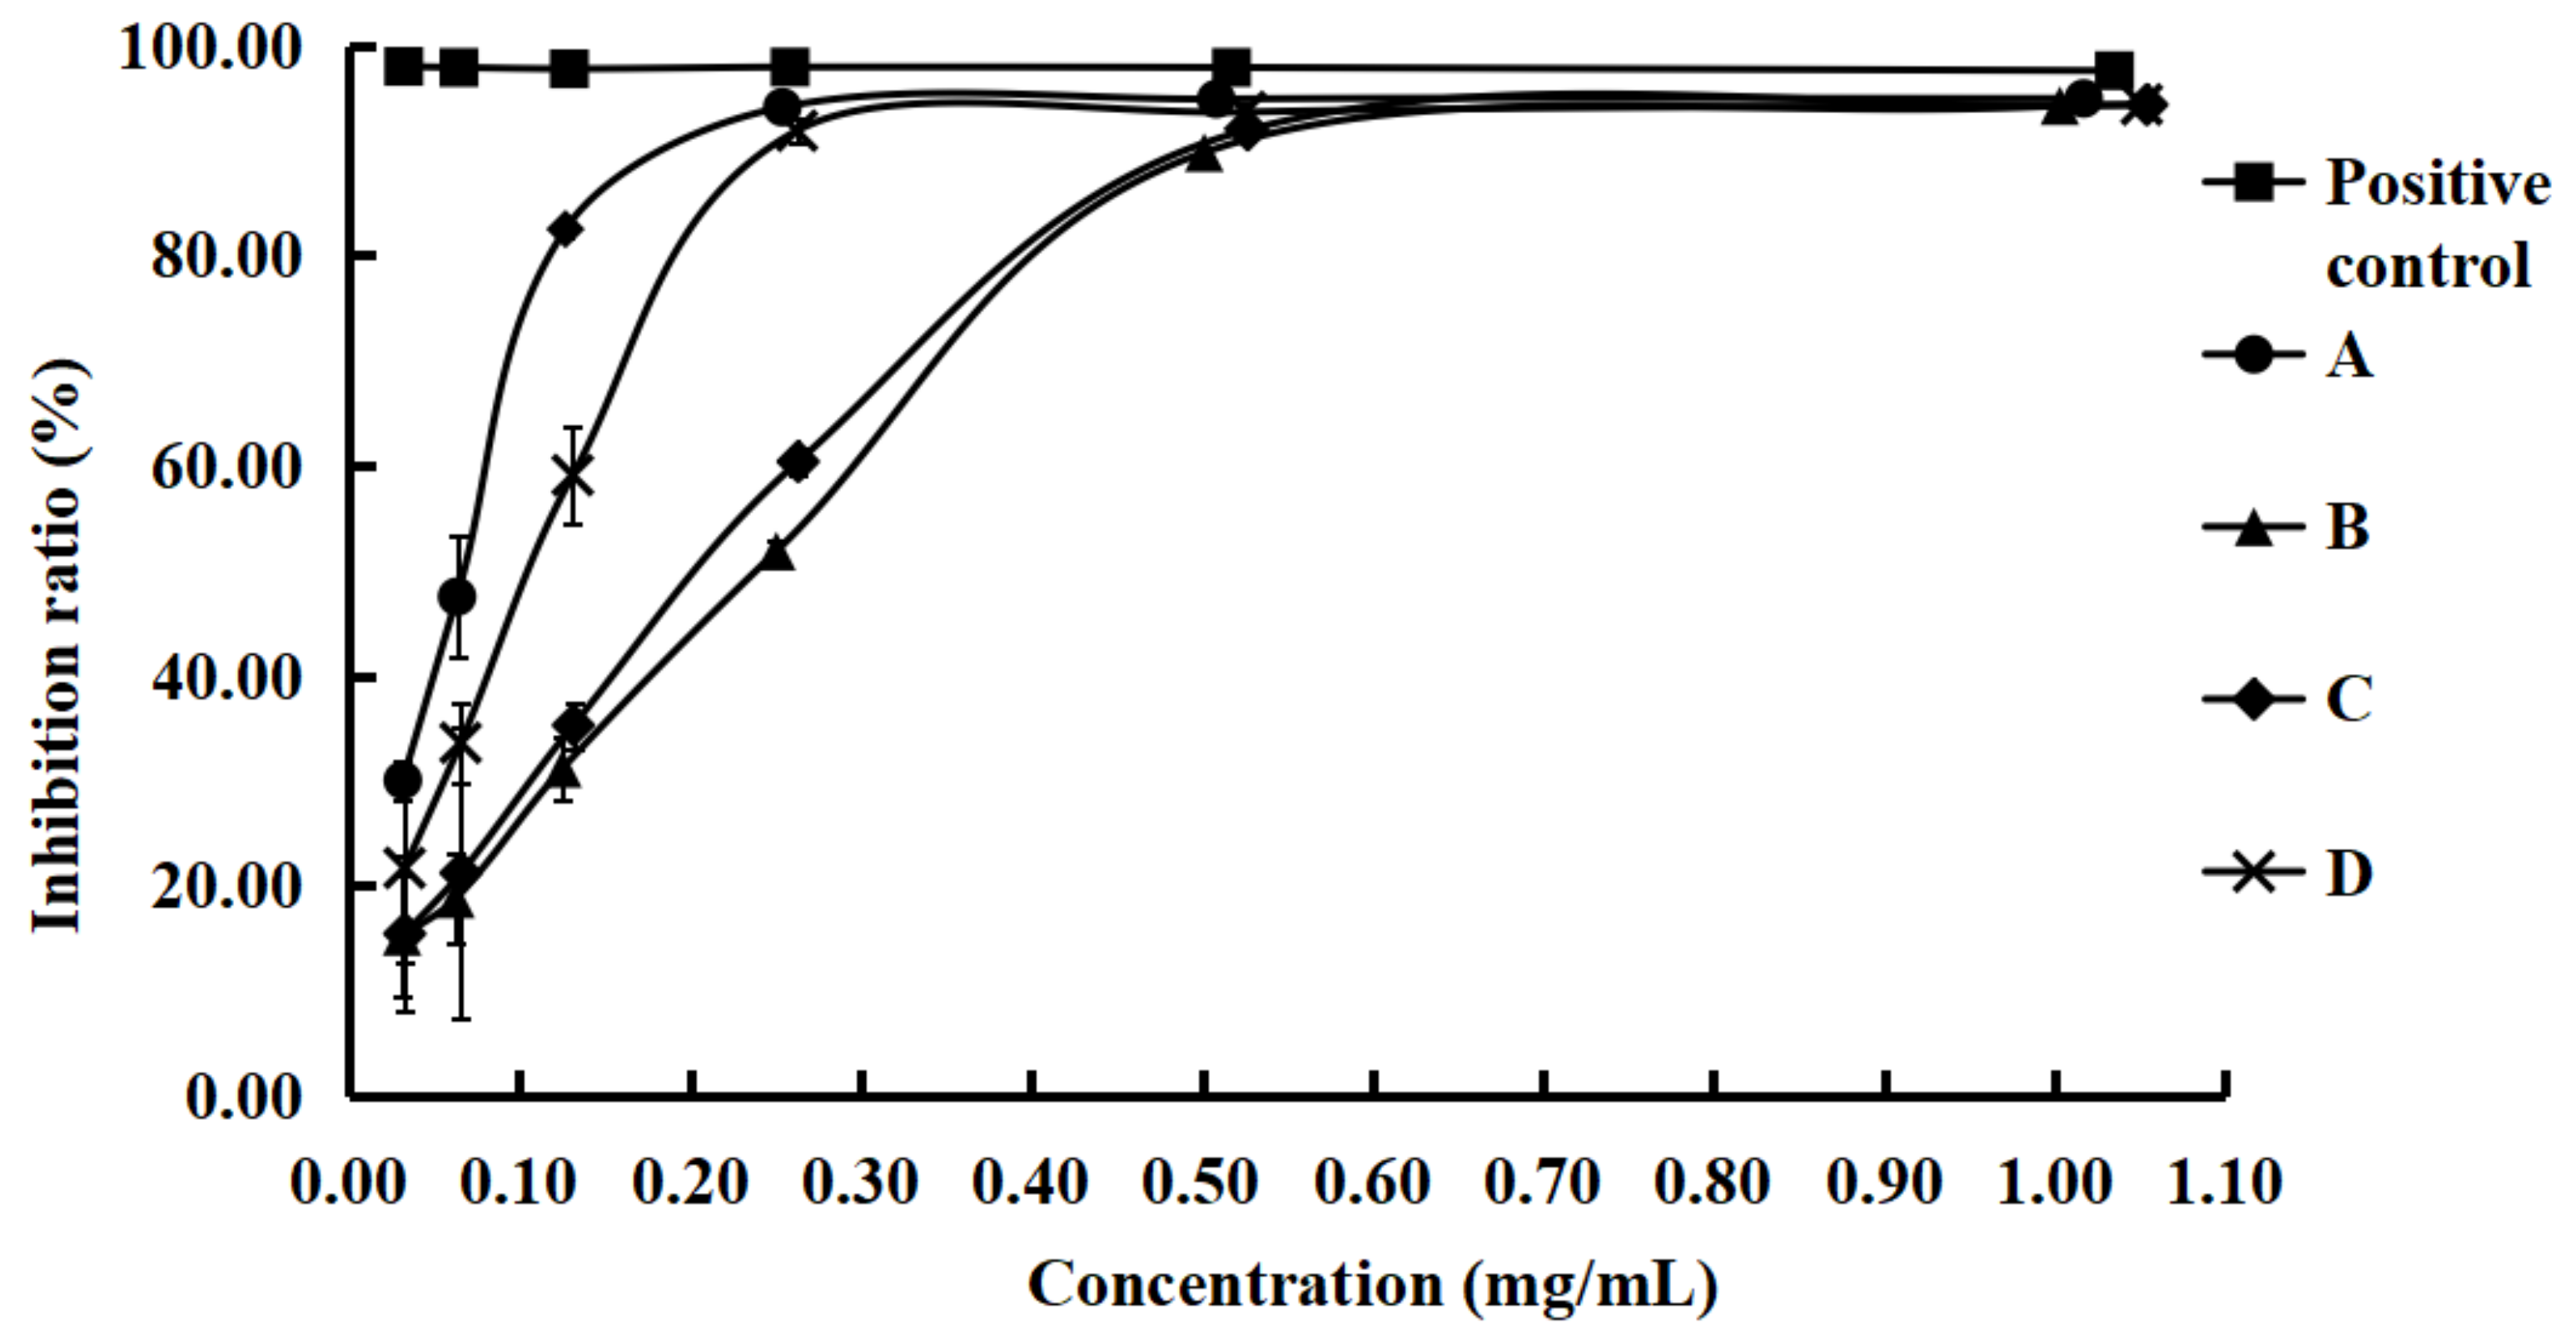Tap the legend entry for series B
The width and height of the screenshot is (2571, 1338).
(x=2349, y=527)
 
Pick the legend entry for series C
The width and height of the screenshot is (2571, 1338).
(x=2349, y=700)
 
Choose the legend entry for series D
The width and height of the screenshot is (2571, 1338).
(x=2349, y=873)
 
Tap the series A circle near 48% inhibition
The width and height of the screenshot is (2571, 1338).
(x=457, y=597)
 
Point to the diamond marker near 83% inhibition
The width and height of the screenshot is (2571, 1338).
(x=566, y=230)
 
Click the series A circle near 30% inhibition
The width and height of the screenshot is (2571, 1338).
(x=402, y=780)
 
